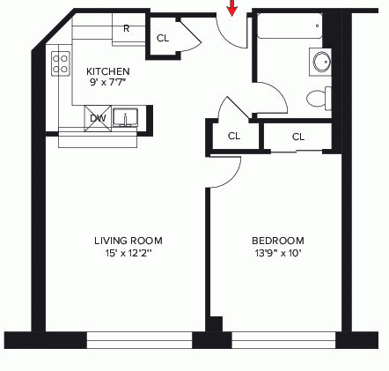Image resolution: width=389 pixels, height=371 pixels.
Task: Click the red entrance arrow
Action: pos(232,8)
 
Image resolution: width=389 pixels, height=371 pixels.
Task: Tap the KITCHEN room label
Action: pos(108,71)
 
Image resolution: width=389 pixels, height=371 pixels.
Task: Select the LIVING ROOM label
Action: pos(128,241)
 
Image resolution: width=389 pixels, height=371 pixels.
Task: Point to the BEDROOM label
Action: pos(278,241)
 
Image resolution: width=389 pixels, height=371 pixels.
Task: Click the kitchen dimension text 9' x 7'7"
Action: pos(107,82)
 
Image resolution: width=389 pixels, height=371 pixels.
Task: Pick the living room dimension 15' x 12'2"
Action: pos(128,253)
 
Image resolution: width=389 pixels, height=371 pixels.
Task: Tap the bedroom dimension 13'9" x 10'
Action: pos(278,253)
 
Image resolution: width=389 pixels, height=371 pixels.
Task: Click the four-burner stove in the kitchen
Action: pos(61,63)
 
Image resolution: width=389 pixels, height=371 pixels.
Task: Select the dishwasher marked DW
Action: pos(98,118)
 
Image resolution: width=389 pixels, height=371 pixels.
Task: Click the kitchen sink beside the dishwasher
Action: pos(126,117)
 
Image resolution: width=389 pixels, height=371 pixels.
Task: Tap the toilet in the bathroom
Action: pos(319,98)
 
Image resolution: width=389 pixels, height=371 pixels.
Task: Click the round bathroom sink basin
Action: pos(321,62)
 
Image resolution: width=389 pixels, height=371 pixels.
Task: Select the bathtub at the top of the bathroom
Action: pos(290,26)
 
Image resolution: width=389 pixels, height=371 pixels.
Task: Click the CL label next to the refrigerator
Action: pos(163,38)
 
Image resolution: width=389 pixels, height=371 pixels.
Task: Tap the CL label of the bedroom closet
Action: pos(298,137)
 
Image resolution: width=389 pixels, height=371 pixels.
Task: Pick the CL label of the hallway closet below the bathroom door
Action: pos(234,136)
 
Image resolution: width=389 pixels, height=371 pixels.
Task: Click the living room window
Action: pos(140,340)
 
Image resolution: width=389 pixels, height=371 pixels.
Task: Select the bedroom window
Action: pos(283,340)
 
